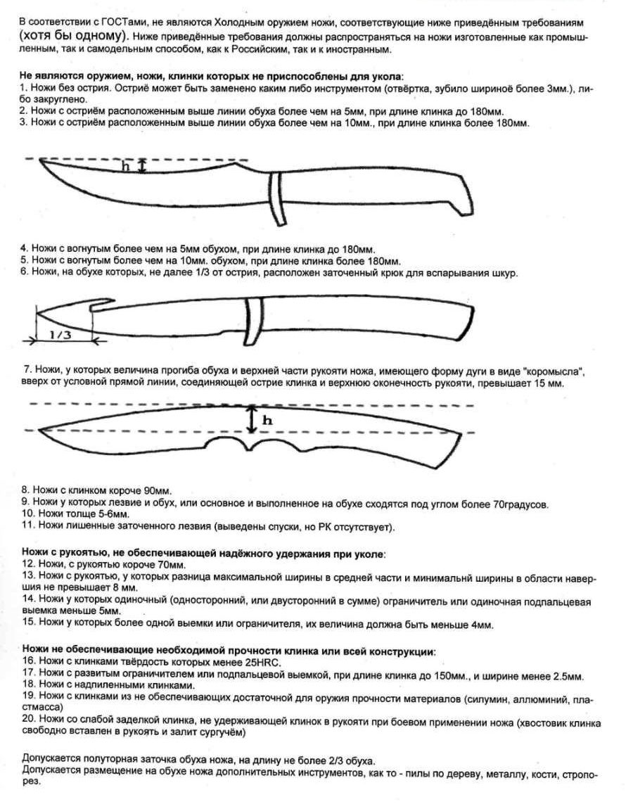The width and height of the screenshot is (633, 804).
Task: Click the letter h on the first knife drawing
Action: (126, 167)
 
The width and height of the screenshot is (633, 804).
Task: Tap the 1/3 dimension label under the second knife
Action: (60, 336)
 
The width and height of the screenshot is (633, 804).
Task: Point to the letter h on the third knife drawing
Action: (267, 420)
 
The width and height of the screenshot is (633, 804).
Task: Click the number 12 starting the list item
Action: (29, 564)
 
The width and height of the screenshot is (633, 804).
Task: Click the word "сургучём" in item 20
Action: (223, 733)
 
